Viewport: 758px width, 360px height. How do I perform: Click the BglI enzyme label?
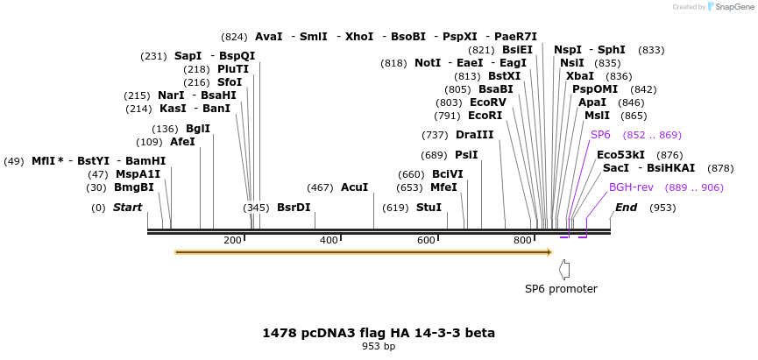(198, 129)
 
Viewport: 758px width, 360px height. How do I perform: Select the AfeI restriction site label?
(182, 142)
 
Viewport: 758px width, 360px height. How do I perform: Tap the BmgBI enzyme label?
(133, 187)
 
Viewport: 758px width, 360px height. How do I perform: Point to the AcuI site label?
(354, 187)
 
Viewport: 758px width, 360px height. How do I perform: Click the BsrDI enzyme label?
(294, 208)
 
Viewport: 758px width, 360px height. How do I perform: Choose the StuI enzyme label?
(429, 208)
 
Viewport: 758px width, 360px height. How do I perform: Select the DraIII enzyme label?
(474, 135)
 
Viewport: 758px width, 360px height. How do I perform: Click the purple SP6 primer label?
(600, 135)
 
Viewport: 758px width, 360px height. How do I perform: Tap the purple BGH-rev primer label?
(631, 187)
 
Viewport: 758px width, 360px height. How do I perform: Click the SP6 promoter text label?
(561, 289)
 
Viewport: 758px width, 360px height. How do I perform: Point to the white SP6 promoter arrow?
(564, 270)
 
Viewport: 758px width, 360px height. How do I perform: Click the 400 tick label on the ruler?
(329, 240)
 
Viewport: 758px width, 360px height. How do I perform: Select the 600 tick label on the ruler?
(426, 240)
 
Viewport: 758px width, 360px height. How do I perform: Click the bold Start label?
(127, 208)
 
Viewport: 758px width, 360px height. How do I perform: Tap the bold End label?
(626, 208)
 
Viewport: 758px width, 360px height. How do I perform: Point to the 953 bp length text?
(379, 347)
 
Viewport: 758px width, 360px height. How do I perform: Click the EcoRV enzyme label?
(488, 102)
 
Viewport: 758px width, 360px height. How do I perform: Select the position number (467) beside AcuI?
(320, 187)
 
